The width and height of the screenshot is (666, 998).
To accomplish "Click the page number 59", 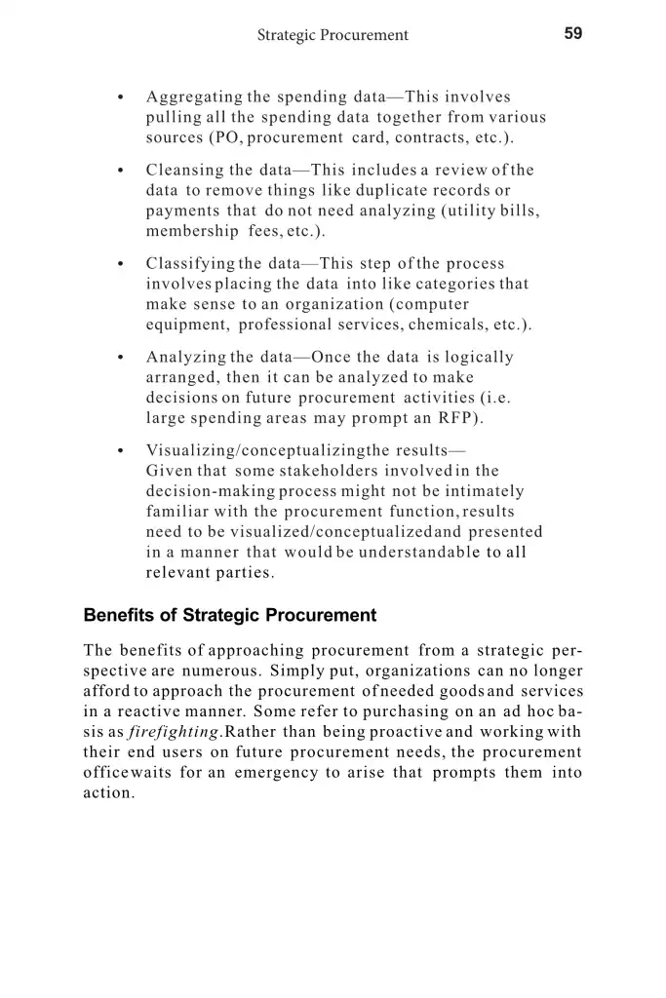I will [572, 33].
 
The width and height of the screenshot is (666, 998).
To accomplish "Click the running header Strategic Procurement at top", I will [333, 35].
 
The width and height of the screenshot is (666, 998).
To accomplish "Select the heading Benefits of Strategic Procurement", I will [230, 616].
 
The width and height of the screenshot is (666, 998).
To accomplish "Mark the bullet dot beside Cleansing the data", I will [119, 172].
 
